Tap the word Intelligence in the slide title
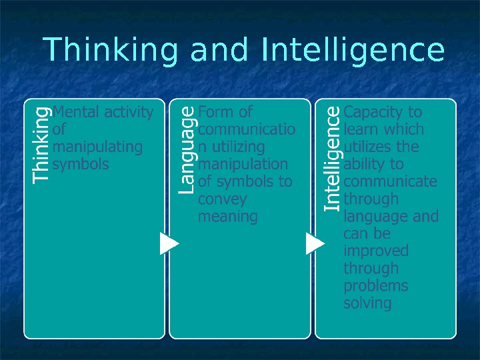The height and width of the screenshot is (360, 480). pos(353,51)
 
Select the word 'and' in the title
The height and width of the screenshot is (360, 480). pos(220,51)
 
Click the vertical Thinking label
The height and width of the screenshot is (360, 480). pos(41,145)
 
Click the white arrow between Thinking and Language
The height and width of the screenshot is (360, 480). pos(169,243)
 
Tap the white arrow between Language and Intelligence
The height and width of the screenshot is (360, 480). pos(315,243)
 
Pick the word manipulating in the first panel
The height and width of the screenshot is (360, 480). pos(97,147)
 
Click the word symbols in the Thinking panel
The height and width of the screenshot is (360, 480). pos(80,164)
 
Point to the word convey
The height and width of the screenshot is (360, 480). pos(222,199)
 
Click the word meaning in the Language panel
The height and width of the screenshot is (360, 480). pos(227,217)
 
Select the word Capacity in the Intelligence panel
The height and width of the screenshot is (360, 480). pos(373,111)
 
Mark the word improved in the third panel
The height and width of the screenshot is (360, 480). pos(375,251)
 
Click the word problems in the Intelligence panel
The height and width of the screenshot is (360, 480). pos(375,286)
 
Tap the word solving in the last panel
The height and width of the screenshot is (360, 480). pos(367,303)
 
